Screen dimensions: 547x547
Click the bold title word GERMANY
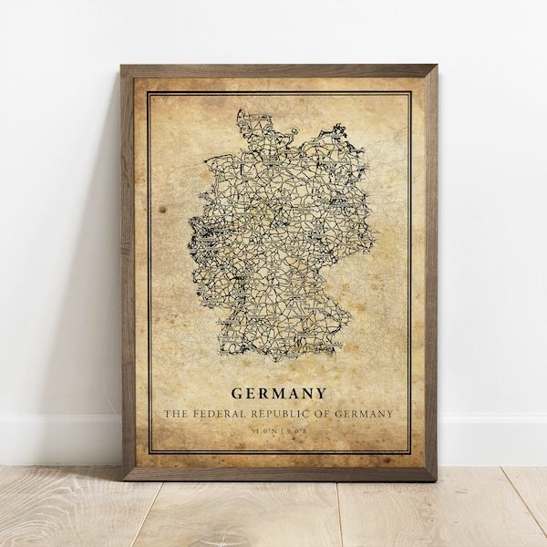(279, 395)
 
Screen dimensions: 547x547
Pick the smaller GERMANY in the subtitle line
(366, 414)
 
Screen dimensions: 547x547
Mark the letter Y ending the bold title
(322, 395)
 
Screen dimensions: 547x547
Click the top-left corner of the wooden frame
(122, 67)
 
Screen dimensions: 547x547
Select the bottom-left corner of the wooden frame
(125, 478)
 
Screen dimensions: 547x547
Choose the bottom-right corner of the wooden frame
(435, 478)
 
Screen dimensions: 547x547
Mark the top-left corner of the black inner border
(149, 92)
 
